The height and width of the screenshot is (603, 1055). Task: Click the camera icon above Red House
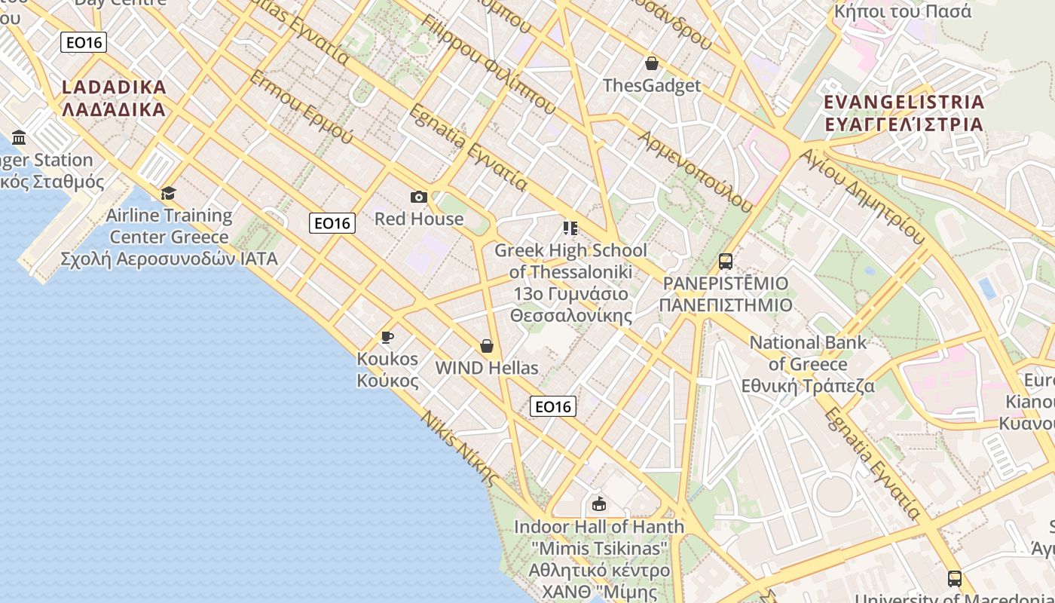click(419, 197)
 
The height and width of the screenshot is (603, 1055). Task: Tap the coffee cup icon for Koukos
click(387, 337)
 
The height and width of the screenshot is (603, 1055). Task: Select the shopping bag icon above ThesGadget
click(652, 64)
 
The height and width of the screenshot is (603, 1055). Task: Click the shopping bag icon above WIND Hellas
click(487, 346)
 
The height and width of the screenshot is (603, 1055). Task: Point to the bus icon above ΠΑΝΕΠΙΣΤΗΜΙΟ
click(726, 262)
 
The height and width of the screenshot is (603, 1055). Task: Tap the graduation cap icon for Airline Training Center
click(168, 194)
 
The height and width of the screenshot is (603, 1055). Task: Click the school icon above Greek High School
click(570, 228)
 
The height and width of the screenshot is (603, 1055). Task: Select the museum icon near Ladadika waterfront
click(20, 137)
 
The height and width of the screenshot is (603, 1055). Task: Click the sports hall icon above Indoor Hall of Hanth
click(599, 504)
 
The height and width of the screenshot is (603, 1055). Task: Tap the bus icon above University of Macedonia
click(955, 578)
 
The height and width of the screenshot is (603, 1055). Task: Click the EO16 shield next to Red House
click(332, 223)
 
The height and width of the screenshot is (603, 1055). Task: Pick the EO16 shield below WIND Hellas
click(553, 407)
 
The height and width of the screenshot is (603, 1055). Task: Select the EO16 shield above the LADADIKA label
click(84, 43)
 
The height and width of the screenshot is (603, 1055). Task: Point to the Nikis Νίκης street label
click(460, 448)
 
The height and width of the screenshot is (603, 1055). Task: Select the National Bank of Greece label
click(808, 364)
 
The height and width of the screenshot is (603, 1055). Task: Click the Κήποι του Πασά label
click(903, 11)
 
